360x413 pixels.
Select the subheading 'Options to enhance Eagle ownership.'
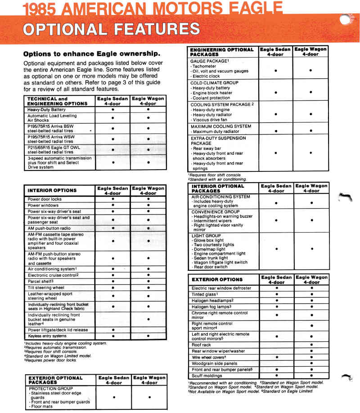[x=92, y=53]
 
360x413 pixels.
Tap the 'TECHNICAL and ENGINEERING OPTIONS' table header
[x=58, y=101]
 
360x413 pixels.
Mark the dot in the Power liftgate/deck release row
[x=113, y=330]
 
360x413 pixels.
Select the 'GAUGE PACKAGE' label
[x=210, y=61]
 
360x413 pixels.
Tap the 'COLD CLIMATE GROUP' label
[x=214, y=83]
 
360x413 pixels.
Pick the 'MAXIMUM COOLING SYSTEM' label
[x=220, y=126]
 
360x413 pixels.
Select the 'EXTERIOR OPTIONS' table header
[x=217, y=279]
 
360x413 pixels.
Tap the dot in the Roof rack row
[x=311, y=345]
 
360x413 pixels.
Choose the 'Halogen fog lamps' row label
[x=211, y=307]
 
